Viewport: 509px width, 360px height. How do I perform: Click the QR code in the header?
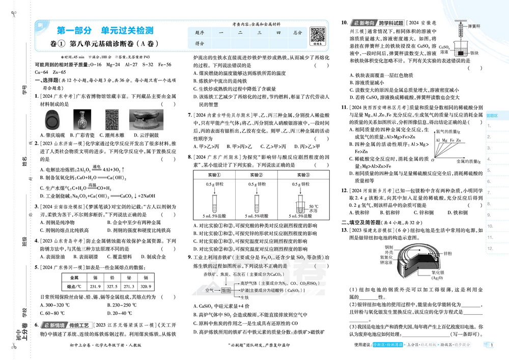318,36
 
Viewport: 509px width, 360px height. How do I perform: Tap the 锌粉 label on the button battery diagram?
447,254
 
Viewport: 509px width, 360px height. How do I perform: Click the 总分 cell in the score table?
298,33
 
